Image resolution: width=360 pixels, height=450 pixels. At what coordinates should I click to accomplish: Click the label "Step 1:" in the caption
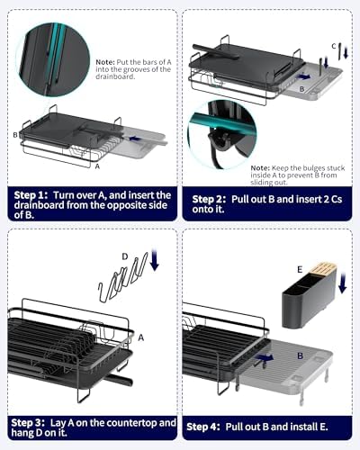(31, 195)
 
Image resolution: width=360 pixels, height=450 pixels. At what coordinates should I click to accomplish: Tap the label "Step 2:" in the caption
(209, 200)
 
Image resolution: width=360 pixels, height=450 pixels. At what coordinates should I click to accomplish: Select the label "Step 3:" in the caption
(28, 423)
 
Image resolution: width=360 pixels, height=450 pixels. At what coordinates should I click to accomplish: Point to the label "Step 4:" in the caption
(203, 427)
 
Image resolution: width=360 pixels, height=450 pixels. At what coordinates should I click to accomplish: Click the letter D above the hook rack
(125, 256)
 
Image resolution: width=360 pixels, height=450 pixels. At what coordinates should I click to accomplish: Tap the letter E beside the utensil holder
(300, 270)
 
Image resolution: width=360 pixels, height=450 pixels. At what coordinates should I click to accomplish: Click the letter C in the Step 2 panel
(334, 46)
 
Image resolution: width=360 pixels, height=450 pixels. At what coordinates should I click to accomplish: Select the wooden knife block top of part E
(322, 269)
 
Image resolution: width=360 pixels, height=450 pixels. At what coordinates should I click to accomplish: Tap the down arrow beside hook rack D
(154, 259)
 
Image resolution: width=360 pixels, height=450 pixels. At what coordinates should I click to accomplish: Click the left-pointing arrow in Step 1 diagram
(135, 139)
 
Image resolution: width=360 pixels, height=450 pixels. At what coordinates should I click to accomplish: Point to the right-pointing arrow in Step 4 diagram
(265, 357)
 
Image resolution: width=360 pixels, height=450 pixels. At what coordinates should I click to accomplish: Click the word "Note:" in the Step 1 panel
(105, 62)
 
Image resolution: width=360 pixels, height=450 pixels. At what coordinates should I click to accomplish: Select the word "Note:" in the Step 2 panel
(260, 168)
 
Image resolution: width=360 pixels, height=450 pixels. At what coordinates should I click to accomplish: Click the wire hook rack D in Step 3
(123, 277)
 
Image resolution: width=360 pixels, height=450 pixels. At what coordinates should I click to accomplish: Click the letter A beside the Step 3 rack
(141, 337)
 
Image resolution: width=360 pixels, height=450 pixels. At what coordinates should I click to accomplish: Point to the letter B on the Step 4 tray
(300, 356)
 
